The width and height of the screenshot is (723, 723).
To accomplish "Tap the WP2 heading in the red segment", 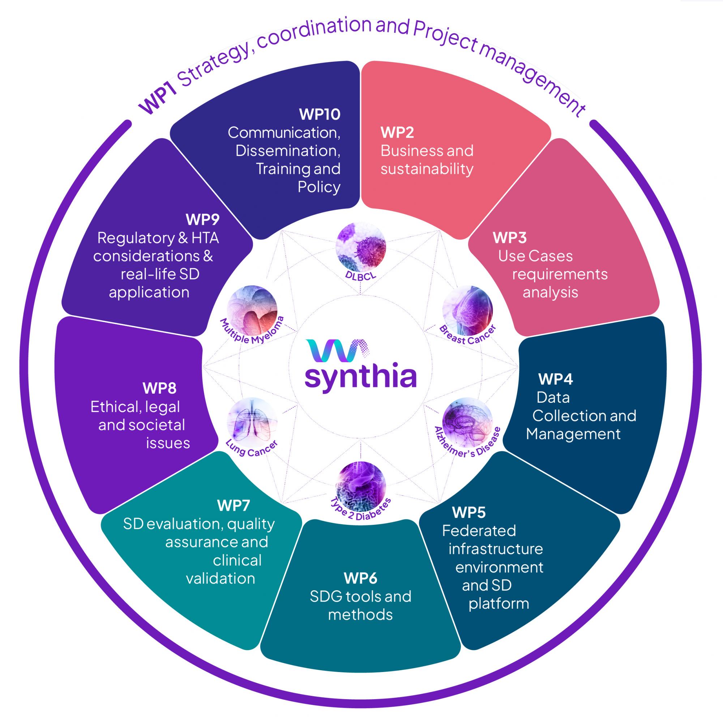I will coord(397,132).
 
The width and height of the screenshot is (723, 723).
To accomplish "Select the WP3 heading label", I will coord(509,238).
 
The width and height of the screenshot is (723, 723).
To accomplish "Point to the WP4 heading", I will coord(555,379).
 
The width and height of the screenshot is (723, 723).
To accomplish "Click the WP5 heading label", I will coord(469,513).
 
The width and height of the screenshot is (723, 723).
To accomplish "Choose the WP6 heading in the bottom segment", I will coord(360,578).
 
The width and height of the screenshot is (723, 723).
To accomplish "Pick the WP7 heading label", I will coord(233,506).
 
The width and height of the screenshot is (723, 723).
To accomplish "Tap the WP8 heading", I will coord(159,389).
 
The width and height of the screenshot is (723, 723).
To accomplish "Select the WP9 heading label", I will coord(202,220).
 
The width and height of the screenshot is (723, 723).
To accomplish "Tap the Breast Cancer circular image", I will coord(467,310).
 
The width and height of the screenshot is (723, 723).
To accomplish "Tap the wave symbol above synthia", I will coord(337,351).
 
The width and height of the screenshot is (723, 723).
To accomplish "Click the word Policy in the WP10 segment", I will coord(319,187).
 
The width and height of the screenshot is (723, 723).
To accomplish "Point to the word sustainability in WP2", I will coord(427,169).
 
